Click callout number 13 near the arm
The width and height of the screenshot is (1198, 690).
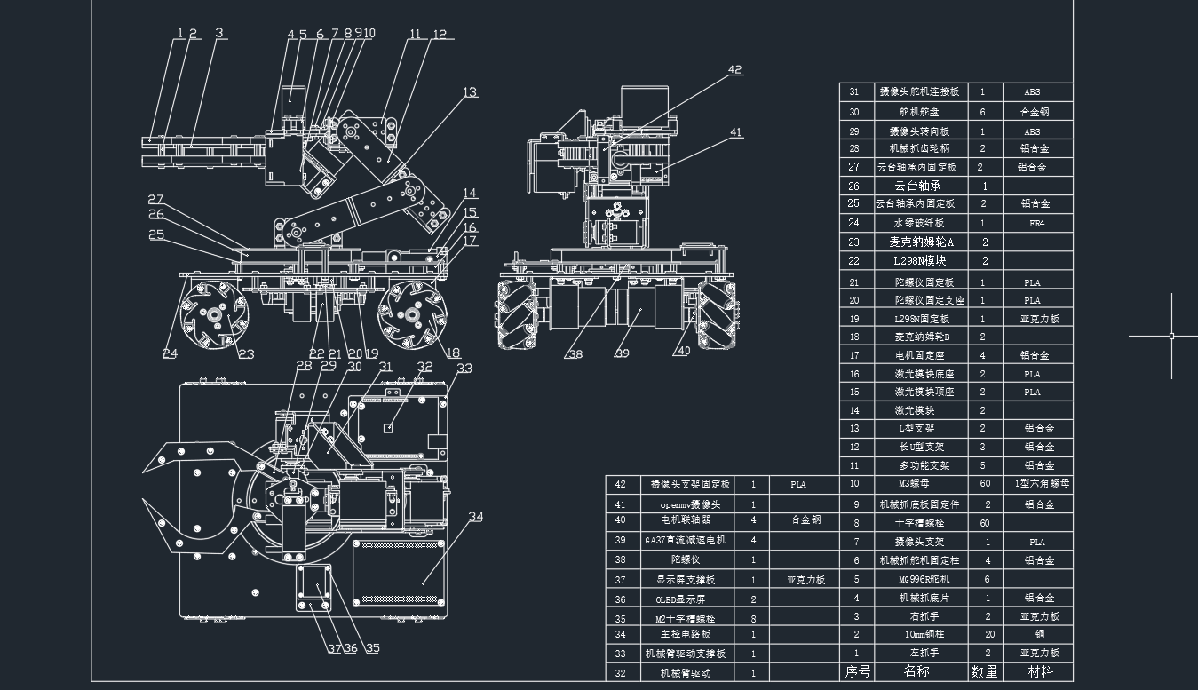coord(470,92)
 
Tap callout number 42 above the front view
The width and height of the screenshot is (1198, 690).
coord(734,69)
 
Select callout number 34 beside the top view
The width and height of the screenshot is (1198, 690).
coord(476,517)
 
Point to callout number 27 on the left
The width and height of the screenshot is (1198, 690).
coord(155,200)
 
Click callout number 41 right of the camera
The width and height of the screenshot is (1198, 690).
coord(735,132)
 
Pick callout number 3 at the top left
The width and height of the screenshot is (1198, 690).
coord(219,33)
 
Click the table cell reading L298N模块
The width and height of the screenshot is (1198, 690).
coord(919,260)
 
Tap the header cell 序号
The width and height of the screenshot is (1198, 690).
coord(857,671)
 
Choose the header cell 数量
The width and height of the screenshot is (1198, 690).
coord(984,671)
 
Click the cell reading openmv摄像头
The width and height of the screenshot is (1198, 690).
coord(684,504)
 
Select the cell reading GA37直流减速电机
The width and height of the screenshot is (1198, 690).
coord(684,540)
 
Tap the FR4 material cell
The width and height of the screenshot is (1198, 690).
coord(1036,224)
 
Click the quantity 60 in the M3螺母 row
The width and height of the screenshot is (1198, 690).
coord(984,484)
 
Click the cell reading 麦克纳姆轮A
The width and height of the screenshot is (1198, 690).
coord(921,242)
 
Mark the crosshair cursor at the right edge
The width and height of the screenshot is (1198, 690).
coord(1171,336)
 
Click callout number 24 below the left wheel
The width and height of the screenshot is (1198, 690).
coord(170,353)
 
